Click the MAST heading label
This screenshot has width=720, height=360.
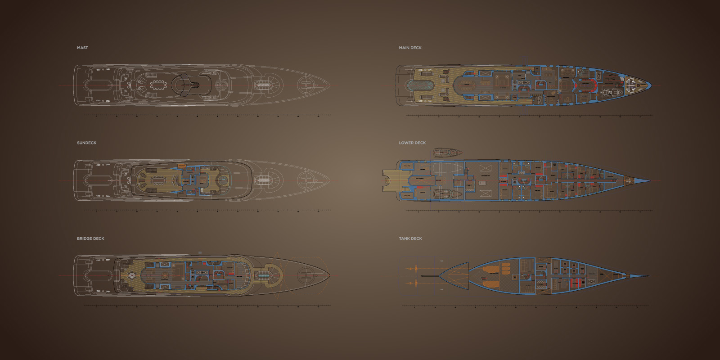pyautogui.click(x=82, y=48)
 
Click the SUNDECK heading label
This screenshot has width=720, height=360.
pyautogui.click(x=86, y=143)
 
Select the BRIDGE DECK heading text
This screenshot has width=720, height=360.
pyautogui.click(x=90, y=238)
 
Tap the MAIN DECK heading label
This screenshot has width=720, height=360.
pyautogui.click(x=410, y=48)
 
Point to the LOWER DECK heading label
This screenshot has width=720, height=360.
pyautogui.click(x=412, y=143)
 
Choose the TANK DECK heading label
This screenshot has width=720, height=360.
pyautogui.click(x=410, y=238)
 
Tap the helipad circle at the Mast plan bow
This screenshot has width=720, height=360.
pyautogui.click(x=309, y=85)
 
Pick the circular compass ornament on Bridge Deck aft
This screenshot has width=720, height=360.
pyautogui.click(x=133, y=275)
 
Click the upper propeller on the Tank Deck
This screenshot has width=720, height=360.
pyautogui.click(x=410, y=268)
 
